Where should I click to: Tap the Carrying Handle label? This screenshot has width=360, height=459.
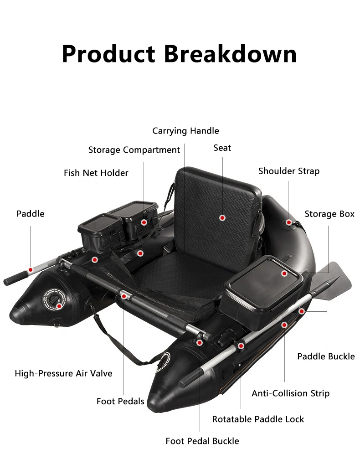click(x=185, y=131)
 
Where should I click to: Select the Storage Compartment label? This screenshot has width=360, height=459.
click(x=134, y=150)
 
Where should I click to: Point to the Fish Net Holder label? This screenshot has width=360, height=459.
click(x=96, y=173)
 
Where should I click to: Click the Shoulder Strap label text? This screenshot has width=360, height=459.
click(x=289, y=171)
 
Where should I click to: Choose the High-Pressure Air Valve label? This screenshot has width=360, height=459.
click(x=63, y=373)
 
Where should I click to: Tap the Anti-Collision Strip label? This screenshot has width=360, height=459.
click(x=290, y=393)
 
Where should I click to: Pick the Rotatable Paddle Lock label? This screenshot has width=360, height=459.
click(x=258, y=419)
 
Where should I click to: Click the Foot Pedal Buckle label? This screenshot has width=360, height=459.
click(x=202, y=441)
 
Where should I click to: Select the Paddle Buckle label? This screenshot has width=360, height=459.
click(x=326, y=356)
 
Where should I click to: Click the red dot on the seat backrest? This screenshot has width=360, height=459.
click(x=222, y=218)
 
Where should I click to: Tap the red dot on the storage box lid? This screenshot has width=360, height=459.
click(x=284, y=273)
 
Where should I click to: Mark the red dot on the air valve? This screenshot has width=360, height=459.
click(x=59, y=306)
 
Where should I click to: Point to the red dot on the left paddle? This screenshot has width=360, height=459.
click(x=31, y=270)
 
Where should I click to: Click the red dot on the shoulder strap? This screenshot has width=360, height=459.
click(x=289, y=222)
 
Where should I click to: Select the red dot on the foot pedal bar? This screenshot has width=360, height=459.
click(x=123, y=296)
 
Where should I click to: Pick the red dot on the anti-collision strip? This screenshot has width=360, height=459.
click(x=284, y=325)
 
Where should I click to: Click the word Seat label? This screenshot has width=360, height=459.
click(x=222, y=148)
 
